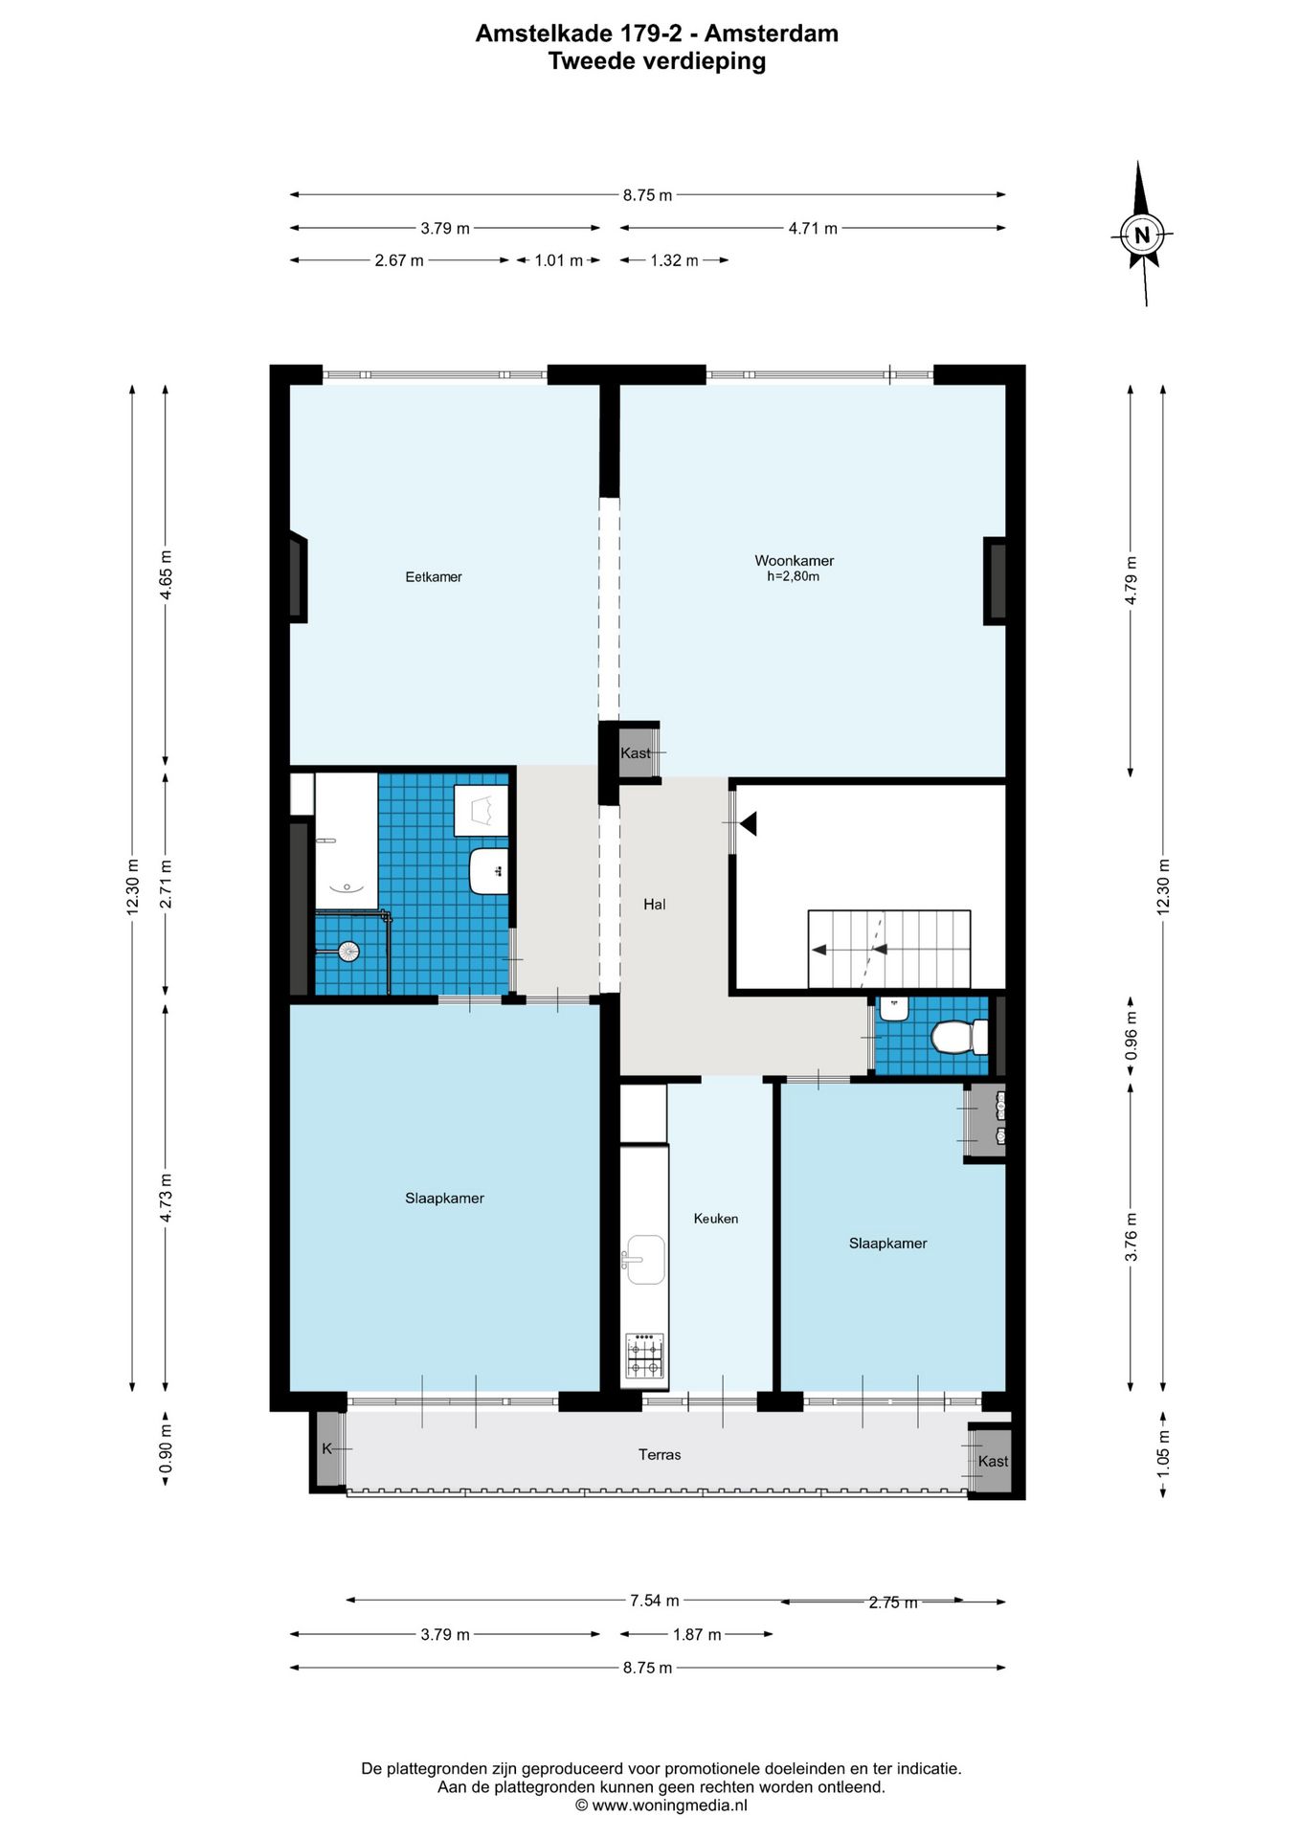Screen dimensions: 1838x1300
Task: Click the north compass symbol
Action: (x=1141, y=235)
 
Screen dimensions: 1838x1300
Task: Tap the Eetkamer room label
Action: (x=433, y=576)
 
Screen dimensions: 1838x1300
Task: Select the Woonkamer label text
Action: (x=794, y=561)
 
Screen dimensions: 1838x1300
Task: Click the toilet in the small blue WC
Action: (x=957, y=1037)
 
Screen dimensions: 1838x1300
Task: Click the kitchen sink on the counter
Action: (x=645, y=1259)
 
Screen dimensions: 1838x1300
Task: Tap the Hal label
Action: (x=654, y=904)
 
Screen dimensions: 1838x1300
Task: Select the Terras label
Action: (x=660, y=1454)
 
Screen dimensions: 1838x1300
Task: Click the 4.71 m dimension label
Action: (x=812, y=229)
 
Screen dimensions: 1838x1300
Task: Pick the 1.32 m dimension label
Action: (x=674, y=260)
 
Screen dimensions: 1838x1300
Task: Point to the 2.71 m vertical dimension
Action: (x=167, y=884)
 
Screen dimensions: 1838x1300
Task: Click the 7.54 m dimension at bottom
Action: (x=654, y=1601)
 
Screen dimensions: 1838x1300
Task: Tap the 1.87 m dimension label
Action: (x=696, y=1634)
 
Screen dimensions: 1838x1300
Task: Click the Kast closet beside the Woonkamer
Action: (x=636, y=753)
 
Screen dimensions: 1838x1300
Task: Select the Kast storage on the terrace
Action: (x=992, y=1461)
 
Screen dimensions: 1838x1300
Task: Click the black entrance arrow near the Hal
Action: (x=748, y=822)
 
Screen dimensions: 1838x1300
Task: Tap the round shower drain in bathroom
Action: (x=348, y=952)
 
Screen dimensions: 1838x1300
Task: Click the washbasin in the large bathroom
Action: (x=489, y=870)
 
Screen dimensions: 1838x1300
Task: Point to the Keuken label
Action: (x=715, y=1219)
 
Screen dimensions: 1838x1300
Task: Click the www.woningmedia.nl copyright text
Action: (x=661, y=1805)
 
